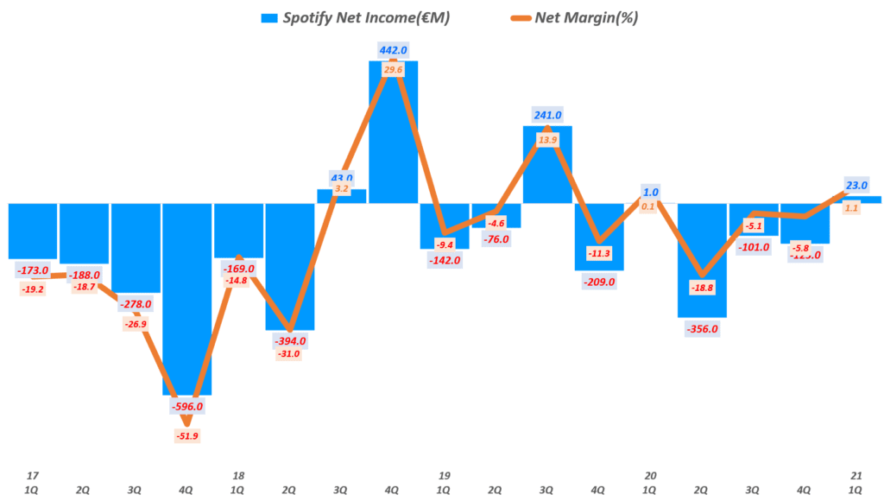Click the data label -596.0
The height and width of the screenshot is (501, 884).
click(187, 406)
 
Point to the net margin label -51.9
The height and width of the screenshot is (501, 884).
click(187, 435)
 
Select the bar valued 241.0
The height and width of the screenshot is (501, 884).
click(547, 164)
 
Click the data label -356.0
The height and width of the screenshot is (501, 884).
click(702, 329)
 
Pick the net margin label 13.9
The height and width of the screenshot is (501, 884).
click(547, 139)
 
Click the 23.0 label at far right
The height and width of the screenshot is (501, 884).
click(856, 184)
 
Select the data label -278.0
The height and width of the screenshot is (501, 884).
click(136, 304)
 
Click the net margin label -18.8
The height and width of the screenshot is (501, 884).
click(702, 289)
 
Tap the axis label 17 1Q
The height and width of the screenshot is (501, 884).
click(33, 482)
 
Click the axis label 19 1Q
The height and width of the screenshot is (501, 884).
click(445, 482)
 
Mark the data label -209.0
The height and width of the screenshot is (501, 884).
click(599, 282)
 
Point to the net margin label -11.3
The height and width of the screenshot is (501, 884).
click(599, 253)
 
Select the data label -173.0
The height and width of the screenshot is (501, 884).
click(33, 271)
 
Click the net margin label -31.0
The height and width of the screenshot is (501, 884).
click(290, 354)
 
